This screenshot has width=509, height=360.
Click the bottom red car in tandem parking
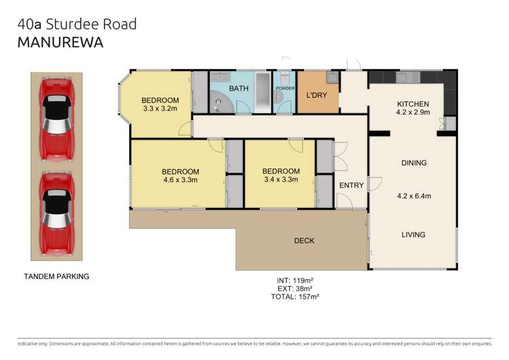[x=56, y=213]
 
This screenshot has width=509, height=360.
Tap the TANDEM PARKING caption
[x=56, y=276]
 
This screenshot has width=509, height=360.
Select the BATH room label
[x=239, y=88]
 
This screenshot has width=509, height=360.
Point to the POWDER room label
[x=284, y=88]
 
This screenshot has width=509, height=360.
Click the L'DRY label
[x=317, y=95]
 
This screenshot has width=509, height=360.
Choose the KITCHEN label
[x=413, y=104]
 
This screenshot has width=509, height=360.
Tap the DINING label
[x=413, y=163]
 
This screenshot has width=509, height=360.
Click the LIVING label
[x=413, y=235]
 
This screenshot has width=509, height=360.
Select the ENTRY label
[x=352, y=185]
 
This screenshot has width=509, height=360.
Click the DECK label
[x=304, y=240]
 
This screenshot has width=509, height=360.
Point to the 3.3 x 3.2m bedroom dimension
[x=160, y=108]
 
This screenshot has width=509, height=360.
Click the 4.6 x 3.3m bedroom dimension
[x=180, y=181]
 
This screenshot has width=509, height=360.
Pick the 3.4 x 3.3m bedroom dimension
[x=280, y=181]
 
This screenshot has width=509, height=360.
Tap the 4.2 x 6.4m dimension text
[x=413, y=196]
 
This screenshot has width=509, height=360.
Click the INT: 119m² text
[x=295, y=279]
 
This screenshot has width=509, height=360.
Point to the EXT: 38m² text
[x=295, y=288]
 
